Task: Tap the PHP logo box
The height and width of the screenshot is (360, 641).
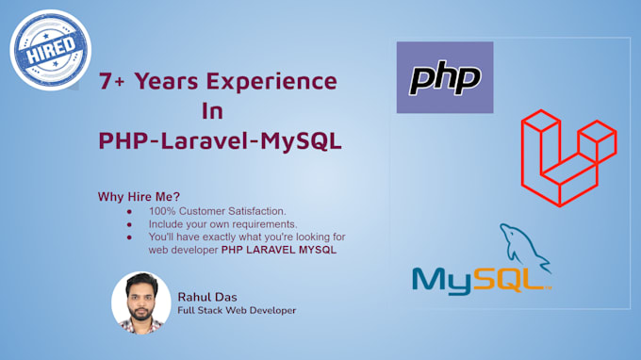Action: point(445,77)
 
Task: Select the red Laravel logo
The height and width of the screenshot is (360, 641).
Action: point(568,157)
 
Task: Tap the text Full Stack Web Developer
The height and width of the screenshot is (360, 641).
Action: point(236,310)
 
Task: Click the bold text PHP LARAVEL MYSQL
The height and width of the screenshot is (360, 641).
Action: point(279,252)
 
